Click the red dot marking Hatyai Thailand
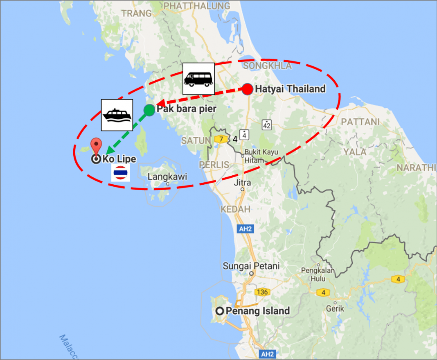click(x=247, y=89)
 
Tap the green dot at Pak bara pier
click(x=149, y=110)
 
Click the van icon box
click(x=198, y=79)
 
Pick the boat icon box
click(x=117, y=115)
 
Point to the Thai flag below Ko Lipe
click(x=121, y=173)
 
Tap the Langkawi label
click(x=167, y=177)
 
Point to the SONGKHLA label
click(x=268, y=66)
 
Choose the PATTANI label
click(x=360, y=122)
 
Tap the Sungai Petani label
click(x=251, y=266)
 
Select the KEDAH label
click(x=235, y=209)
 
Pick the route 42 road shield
click(x=267, y=124)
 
